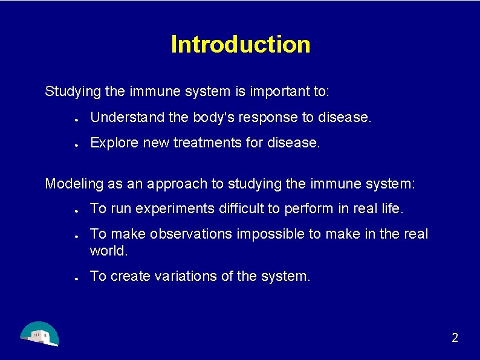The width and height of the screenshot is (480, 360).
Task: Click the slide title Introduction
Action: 240,44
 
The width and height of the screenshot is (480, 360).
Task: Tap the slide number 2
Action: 455,338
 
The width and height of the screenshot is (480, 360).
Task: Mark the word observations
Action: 191,234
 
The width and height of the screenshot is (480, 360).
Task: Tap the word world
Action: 109,249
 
